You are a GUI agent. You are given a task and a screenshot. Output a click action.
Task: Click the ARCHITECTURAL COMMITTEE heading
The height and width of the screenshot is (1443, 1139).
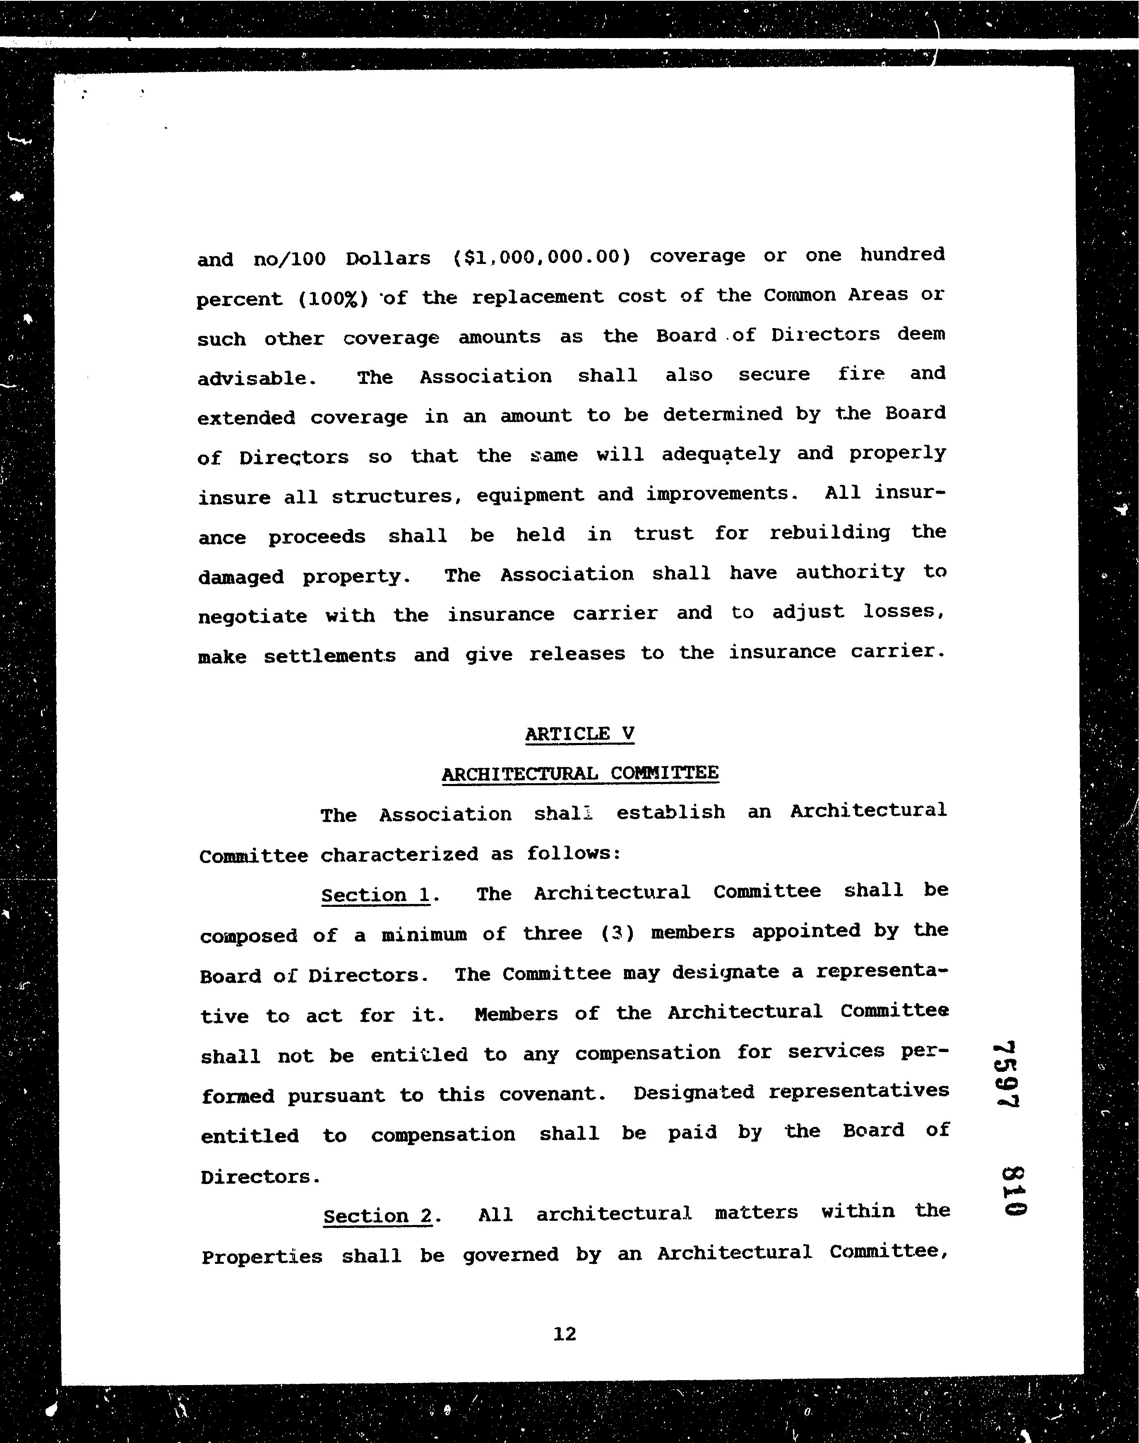tap(579, 773)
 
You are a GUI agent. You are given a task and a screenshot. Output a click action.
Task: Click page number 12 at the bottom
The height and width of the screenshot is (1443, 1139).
tap(564, 1334)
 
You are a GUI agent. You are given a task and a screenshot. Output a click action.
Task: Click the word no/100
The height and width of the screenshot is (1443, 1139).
tap(289, 259)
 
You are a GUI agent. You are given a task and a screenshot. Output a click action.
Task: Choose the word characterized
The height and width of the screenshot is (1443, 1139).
tap(399, 854)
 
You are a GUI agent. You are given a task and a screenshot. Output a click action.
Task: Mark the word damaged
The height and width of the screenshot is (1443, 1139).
tap(241, 577)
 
